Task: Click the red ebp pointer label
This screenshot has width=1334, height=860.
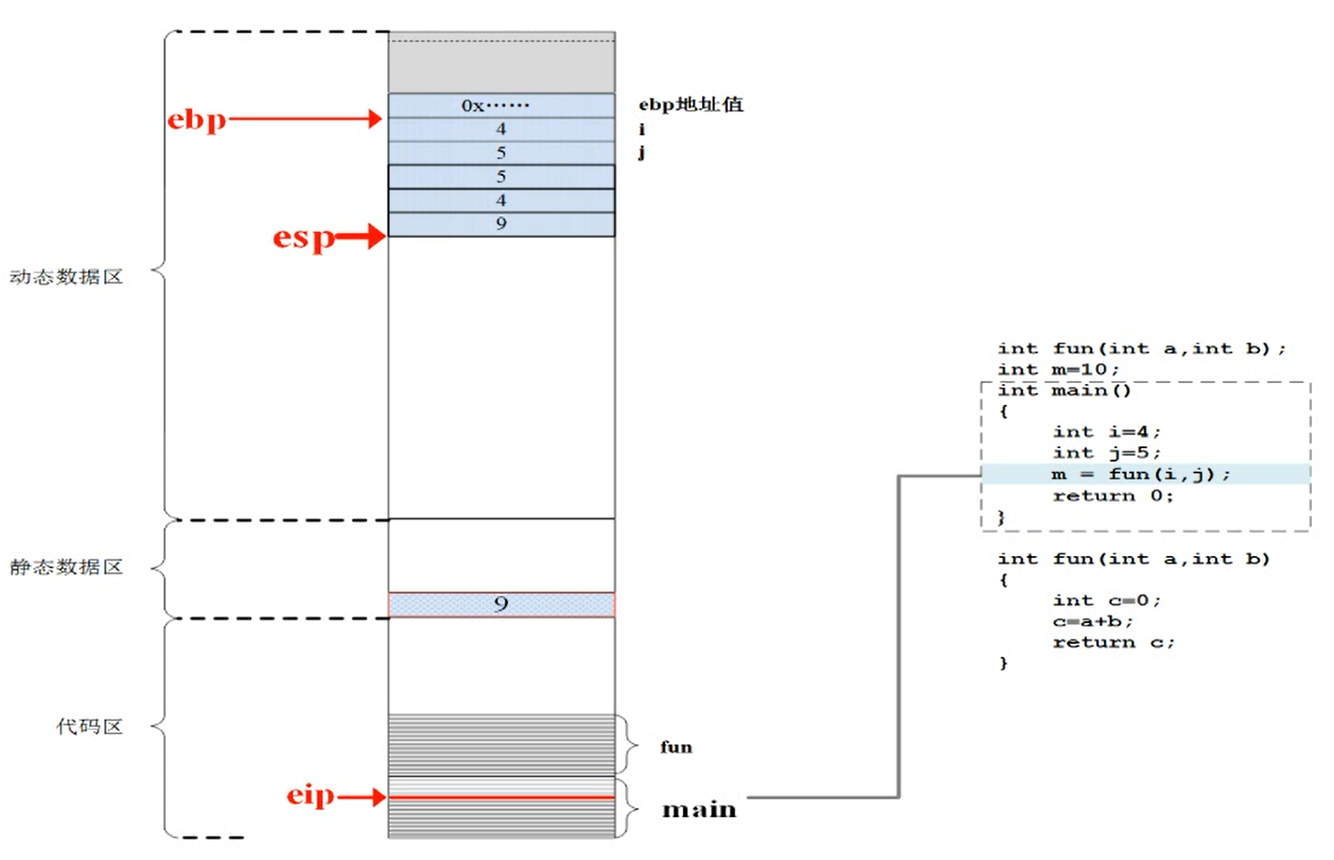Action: [x=197, y=119]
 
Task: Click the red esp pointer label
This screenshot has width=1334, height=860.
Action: [x=303, y=237]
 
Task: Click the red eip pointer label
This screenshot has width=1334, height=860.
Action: [x=310, y=795]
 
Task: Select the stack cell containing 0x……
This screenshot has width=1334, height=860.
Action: [x=501, y=105]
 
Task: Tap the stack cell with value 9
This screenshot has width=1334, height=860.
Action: [x=501, y=224]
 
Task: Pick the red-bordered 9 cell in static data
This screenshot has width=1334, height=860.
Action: [x=501, y=604]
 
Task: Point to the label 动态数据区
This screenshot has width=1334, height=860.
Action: [x=66, y=277]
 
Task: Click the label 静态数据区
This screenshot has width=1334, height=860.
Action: [x=66, y=567]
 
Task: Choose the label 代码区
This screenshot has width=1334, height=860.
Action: [x=89, y=726]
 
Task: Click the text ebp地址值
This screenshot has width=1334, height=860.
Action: [x=691, y=105]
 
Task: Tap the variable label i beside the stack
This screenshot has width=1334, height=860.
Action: [x=642, y=129]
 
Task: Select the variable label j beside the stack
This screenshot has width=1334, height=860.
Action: [x=642, y=152]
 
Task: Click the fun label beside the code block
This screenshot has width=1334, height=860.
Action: [x=676, y=747]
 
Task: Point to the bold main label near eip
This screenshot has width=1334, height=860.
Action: [x=699, y=809]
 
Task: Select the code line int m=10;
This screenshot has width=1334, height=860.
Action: [x=1058, y=370]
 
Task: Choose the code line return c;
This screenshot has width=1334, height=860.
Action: [x=1113, y=642]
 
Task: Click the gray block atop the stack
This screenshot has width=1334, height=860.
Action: [x=501, y=63]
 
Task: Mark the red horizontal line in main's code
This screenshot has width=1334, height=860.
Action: [x=501, y=797]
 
